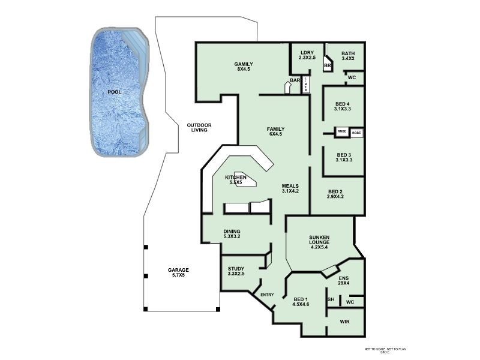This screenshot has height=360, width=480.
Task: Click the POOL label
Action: point(114,92)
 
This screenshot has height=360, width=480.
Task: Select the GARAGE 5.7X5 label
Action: point(178,273)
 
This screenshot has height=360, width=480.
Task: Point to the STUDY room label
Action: point(236,271)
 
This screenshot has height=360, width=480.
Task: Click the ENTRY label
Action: point(268,295)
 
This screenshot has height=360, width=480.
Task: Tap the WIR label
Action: point(344,322)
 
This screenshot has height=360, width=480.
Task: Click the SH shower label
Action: point(331,299)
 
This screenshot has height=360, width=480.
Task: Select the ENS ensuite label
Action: point(343,280)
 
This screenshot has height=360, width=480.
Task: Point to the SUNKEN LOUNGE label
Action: point(323,242)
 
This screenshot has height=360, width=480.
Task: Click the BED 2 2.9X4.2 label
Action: point(335,194)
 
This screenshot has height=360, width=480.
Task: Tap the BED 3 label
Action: point(344,157)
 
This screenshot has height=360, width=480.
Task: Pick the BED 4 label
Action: point(344,106)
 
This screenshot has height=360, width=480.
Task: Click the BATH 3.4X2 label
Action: point(348,56)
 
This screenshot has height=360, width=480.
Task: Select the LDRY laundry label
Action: point(307,55)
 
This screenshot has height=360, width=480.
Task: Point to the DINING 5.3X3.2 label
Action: point(232,234)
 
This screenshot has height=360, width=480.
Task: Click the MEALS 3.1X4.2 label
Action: point(290,188)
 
